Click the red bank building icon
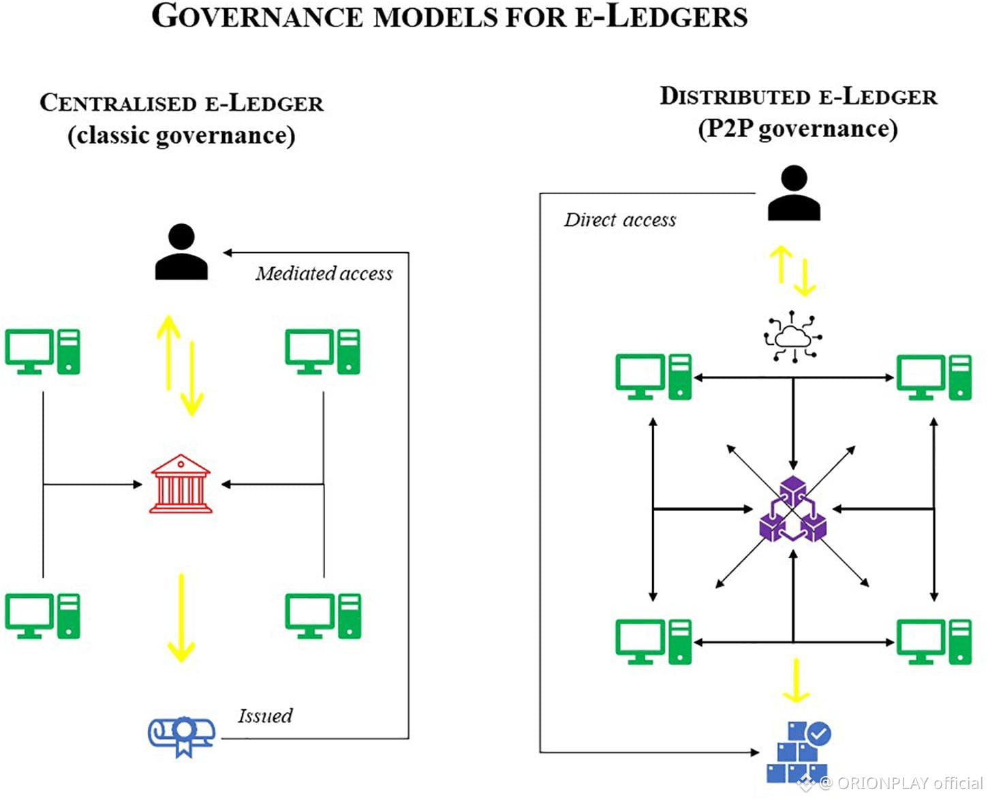[181, 484]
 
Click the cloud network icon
[792, 337]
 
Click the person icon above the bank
[181, 252]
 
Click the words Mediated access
[324, 274]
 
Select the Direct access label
[620, 220]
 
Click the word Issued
[265, 716]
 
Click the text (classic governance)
[181, 135]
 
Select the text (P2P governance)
[798, 129]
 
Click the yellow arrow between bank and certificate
[181, 617]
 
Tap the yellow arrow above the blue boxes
[795, 680]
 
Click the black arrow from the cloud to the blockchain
[793, 422]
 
